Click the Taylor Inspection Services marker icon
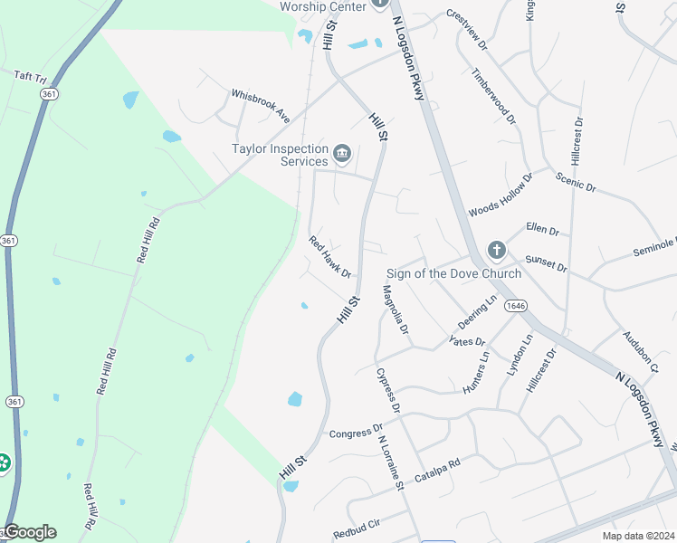pos(342,155)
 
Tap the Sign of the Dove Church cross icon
pos(496,250)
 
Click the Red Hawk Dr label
pos(329,257)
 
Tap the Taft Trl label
pos(31,76)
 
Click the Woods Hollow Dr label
pos(501,196)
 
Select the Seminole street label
pos(653,247)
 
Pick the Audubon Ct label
pos(639,350)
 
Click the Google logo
pos(29,532)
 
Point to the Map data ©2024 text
pos(638,535)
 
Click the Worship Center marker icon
pos(380,6)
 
